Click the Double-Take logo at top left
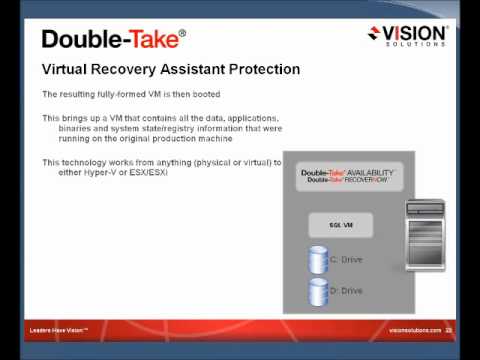[x=113, y=39]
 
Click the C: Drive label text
[x=346, y=260]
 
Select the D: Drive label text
[x=346, y=292]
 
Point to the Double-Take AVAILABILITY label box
[x=348, y=177]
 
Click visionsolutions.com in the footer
[x=414, y=329]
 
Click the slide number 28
[x=450, y=329]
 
